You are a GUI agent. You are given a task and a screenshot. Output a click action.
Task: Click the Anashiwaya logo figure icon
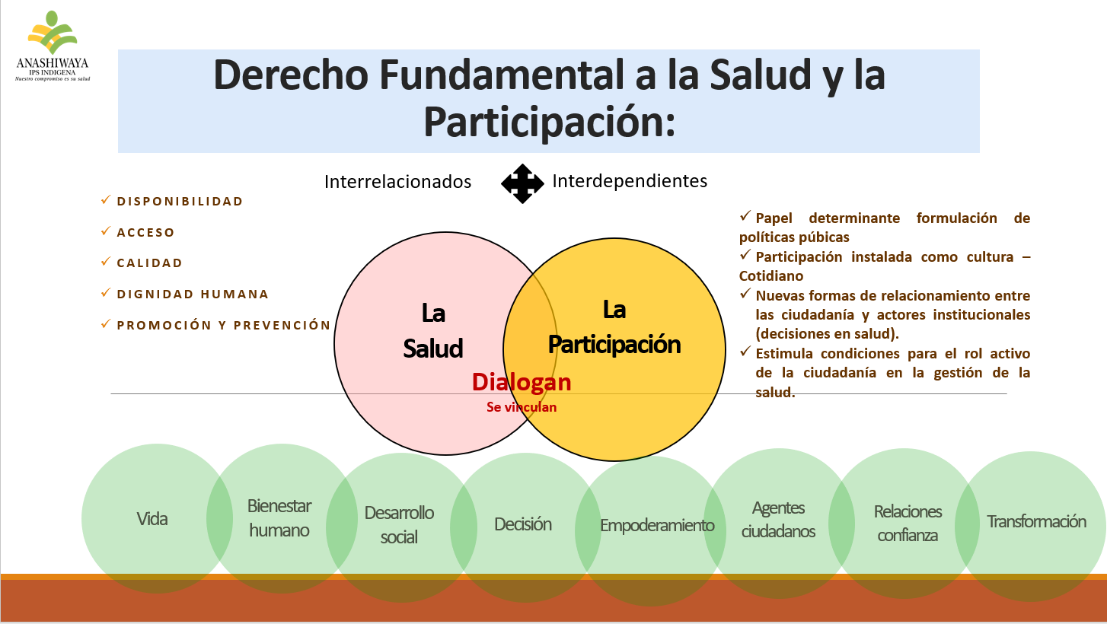53,32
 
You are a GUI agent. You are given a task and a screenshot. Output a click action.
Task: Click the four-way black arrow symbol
522,184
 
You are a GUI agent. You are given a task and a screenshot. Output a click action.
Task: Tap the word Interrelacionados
397,182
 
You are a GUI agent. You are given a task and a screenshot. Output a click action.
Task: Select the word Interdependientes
630,181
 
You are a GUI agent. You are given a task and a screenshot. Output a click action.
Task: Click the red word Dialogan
522,382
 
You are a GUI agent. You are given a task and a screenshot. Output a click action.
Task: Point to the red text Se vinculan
522,407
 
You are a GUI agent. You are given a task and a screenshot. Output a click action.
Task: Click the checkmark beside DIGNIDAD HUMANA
105,292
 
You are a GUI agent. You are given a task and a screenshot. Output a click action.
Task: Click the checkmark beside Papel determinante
745,216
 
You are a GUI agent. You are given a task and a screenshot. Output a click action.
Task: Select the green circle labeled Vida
157,518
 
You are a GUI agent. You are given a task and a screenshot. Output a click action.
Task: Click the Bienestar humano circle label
279,517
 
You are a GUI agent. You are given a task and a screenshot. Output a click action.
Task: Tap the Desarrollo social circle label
399,525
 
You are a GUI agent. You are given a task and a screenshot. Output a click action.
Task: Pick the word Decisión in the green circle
523,524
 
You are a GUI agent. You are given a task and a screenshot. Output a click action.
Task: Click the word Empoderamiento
657,525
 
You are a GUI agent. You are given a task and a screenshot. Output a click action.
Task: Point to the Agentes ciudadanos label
778,519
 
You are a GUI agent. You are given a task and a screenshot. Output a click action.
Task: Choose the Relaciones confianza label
908,524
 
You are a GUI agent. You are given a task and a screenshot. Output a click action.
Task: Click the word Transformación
1036,521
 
